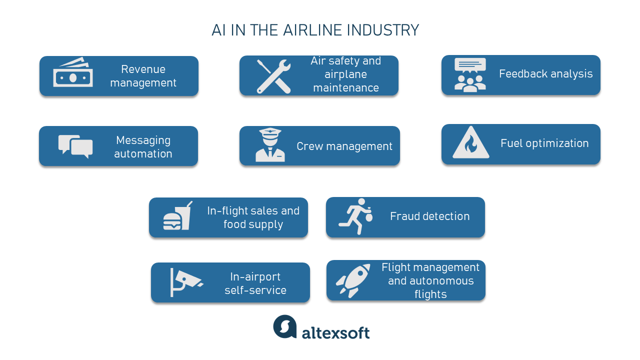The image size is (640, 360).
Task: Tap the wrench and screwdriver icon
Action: [x=273, y=76]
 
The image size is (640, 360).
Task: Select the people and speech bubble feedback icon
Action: [x=470, y=74]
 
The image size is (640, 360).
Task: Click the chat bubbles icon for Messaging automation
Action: [x=75, y=146]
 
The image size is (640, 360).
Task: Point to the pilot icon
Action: [x=270, y=145]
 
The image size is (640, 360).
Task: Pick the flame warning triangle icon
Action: [x=470, y=143]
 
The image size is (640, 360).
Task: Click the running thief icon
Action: [x=355, y=216]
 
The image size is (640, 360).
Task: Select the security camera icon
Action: [x=185, y=281]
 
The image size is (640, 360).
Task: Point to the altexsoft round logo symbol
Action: [x=285, y=326]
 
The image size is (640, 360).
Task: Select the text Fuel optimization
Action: [x=544, y=143]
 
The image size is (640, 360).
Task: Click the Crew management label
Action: [x=344, y=146]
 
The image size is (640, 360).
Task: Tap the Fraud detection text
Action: [x=429, y=216]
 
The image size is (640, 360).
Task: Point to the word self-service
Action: [x=255, y=290]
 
